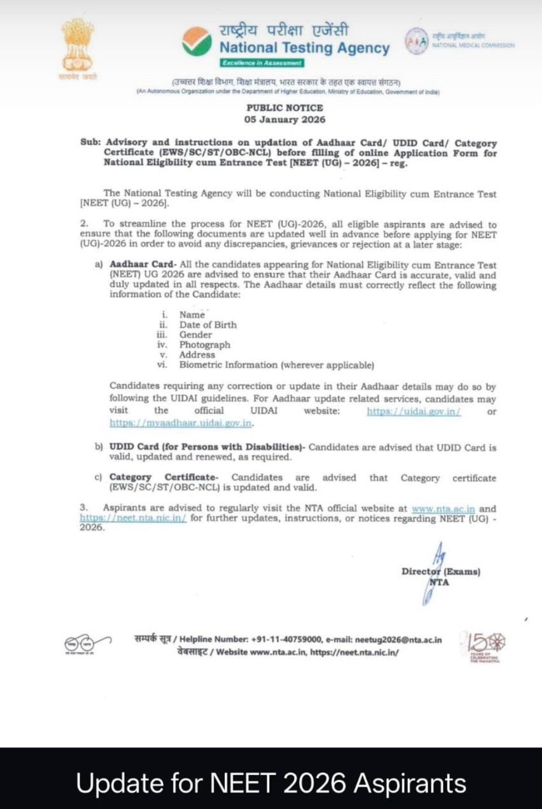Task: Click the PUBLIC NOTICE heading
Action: [285, 108]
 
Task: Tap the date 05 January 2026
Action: [285, 120]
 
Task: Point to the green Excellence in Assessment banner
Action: [262, 63]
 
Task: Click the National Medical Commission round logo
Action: [416, 41]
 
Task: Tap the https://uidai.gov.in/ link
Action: [414, 411]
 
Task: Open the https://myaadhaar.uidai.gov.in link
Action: [181, 423]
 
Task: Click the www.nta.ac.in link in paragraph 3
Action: [443, 509]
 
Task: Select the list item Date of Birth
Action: [208, 325]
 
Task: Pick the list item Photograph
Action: [205, 345]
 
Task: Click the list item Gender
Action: [195, 335]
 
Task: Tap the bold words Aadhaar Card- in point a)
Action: [143, 265]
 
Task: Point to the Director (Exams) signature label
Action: [441, 571]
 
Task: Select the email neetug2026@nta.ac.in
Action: [398, 640]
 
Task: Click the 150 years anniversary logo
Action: [483, 645]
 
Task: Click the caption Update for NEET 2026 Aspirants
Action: [271, 783]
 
